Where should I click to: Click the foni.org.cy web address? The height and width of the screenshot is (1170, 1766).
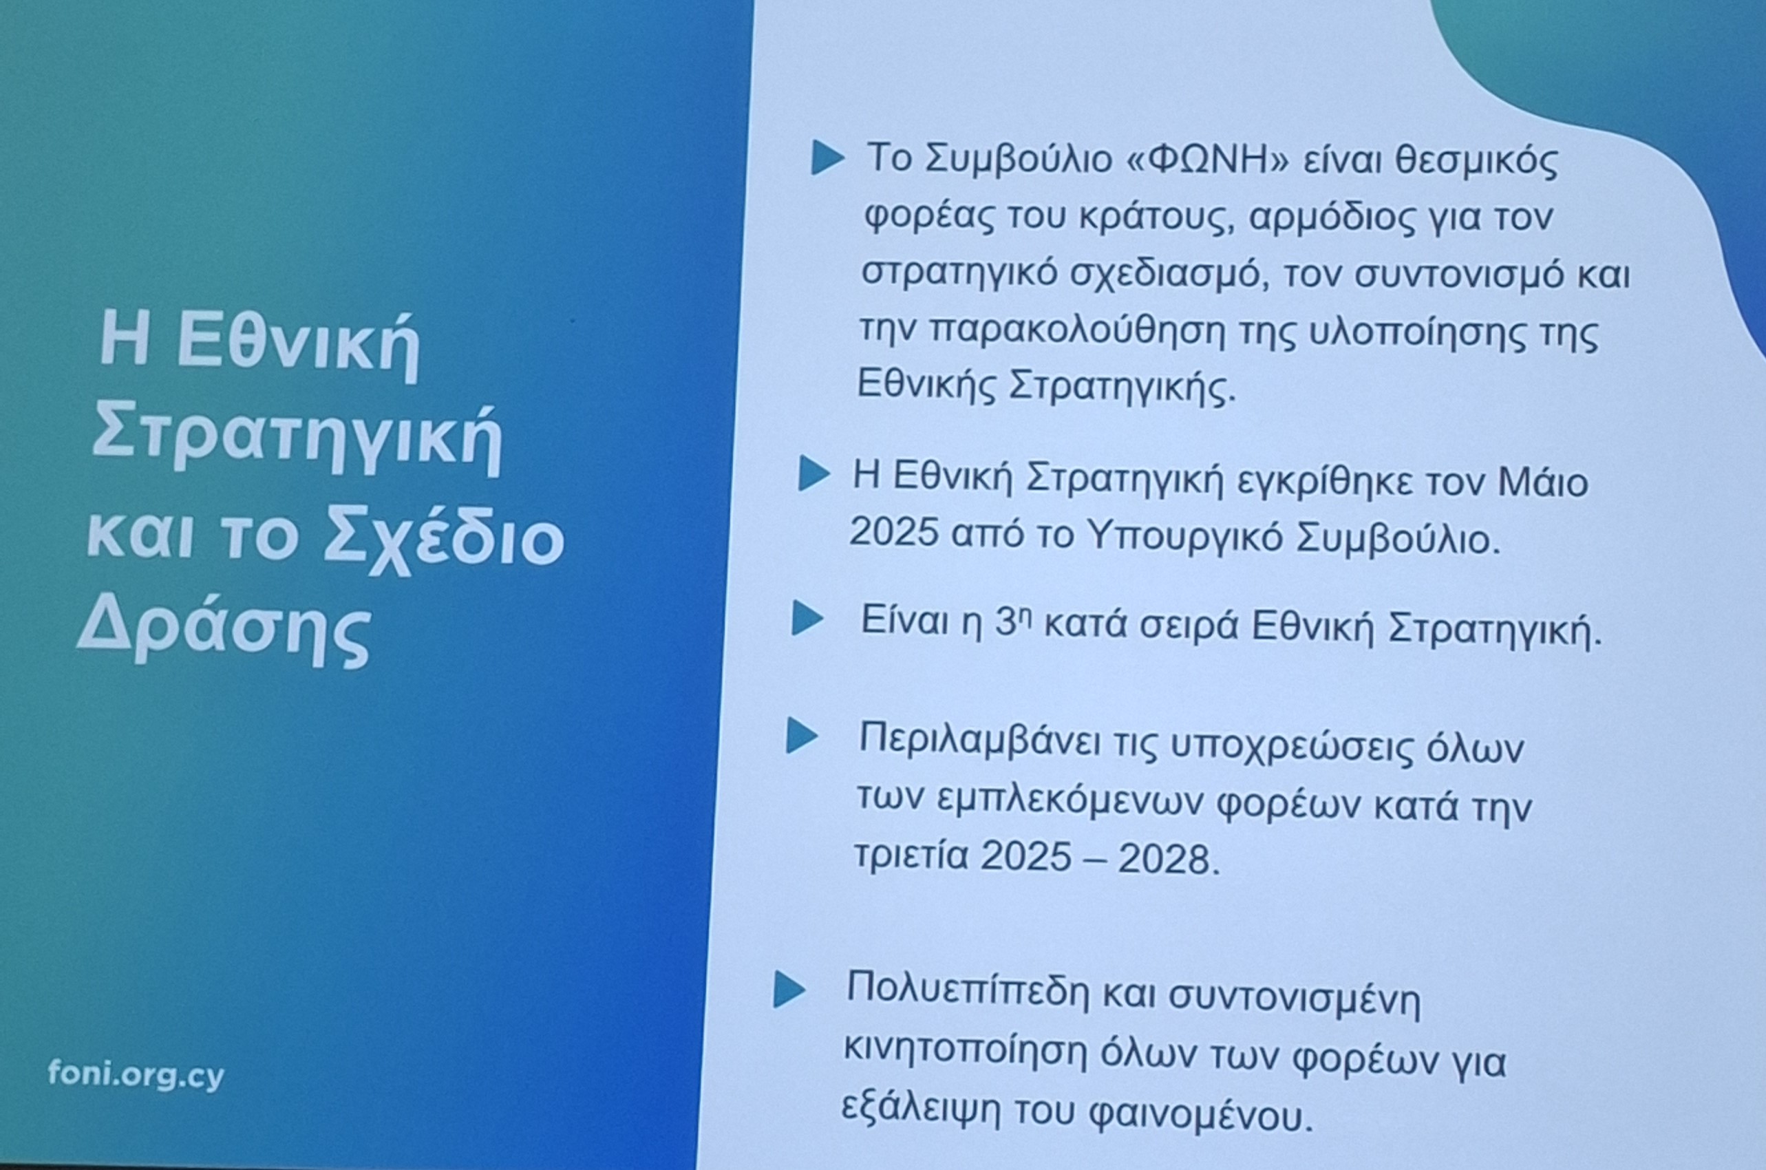136,1076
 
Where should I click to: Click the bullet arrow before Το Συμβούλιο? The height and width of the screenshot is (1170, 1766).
828,160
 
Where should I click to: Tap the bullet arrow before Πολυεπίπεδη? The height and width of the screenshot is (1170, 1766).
789,990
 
